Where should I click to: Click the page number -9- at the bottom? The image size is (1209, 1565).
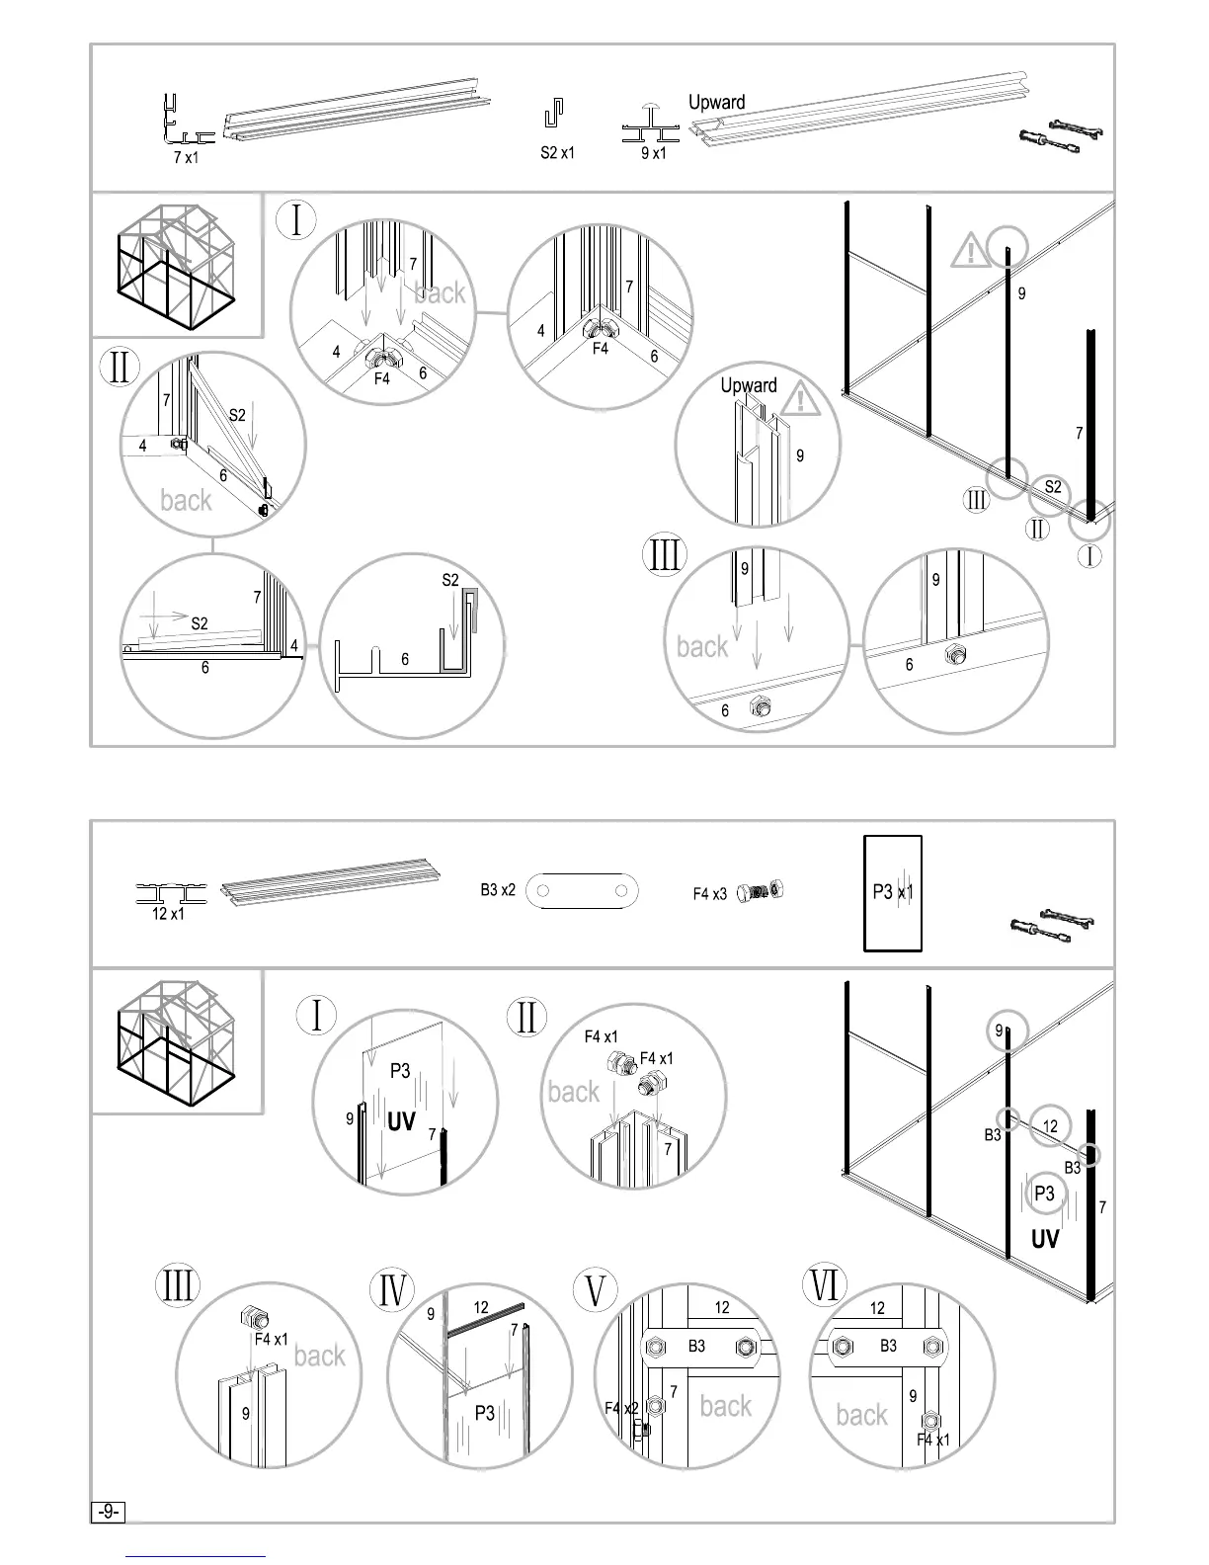click(x=108, y=1512)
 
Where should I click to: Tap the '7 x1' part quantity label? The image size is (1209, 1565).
click(x=186, y=157)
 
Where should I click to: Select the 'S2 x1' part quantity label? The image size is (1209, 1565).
click(x=557, y=153)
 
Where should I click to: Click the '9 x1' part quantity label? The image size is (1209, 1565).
click(x=653, y=153)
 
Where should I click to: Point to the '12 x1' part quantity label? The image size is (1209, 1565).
click(x=168, y=914)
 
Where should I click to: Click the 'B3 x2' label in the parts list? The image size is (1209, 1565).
click(x=498, y=890)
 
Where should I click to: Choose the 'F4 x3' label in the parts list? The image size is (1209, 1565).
click(x=709, y=894)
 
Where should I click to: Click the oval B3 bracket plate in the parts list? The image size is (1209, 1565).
click(x=582, y=891)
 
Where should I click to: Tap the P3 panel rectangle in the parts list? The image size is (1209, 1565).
click(x=893, y=892)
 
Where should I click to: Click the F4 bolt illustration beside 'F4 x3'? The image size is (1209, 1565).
click(x=761, y=891)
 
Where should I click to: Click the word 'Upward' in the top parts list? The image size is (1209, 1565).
click(x=716, y=102)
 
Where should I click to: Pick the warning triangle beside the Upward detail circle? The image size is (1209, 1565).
click(x=801, y=399)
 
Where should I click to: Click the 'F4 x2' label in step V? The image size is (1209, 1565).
click(x=621, y=1408)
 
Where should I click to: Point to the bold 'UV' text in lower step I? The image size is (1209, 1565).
click(x=401, y=1121)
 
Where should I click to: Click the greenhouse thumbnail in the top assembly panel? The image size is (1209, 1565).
click(x=177, y=265)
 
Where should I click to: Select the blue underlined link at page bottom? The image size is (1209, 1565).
click(x=197, y=1556)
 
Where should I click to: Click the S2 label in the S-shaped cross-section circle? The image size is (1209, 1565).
click(x=450, y=580)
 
